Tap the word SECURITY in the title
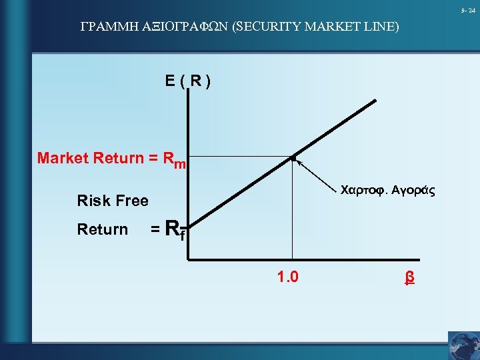(268, 27)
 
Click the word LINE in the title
(381, 27)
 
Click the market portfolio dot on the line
(292, 158)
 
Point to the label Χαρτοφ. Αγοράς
(387, 191)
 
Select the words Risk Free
(113, 201)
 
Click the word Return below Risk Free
(102, 229)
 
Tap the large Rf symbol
(174, 230)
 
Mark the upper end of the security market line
(375, 101)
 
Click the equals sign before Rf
(154, 230)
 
